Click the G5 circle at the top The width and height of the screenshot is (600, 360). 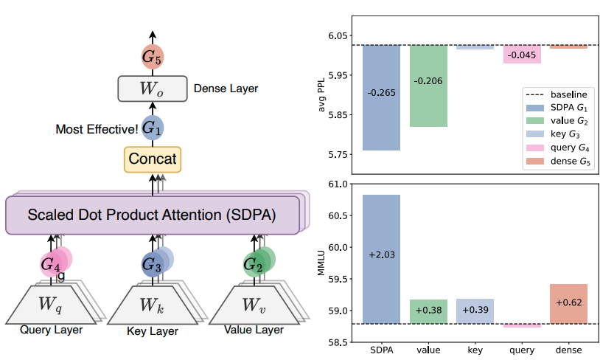tap(152, 56)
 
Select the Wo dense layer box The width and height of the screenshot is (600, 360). tap(152, 89)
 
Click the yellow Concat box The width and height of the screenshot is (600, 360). tap(153, 158)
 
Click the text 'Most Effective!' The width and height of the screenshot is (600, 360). tap(97, 129)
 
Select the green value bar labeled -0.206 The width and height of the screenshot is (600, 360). tap(428, 86)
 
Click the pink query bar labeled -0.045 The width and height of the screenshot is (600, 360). tap(523, 54)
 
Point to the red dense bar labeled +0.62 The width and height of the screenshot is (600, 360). tap(568, 303)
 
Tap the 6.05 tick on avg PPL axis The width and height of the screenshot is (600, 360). tap(338, 35)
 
